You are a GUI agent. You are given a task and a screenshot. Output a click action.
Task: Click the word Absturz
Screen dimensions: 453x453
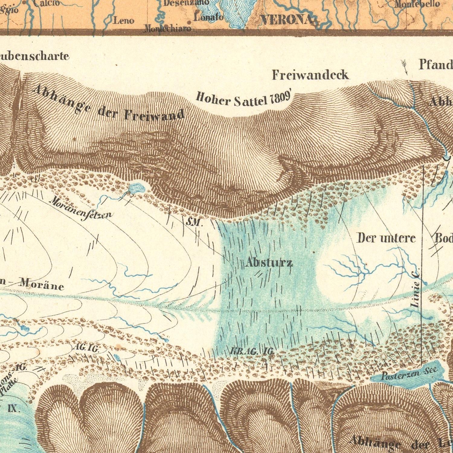tap(269, 263)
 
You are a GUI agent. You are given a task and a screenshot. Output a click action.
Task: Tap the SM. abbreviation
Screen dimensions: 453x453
tap(193, 223)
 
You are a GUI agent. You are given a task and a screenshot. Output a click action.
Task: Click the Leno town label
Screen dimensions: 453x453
tap(124, 21)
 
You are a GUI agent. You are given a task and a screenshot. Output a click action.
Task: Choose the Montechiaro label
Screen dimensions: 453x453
tap(168, 29)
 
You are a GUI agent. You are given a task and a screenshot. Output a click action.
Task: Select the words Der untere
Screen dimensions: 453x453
tap(386, 238)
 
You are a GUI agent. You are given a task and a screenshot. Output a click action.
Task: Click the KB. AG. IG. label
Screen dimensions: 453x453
tap(252, 351)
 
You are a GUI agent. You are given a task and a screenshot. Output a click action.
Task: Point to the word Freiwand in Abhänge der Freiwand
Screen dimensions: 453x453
tap(154, 115)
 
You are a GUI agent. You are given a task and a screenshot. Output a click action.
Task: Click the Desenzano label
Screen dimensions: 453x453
tap(186, 2)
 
